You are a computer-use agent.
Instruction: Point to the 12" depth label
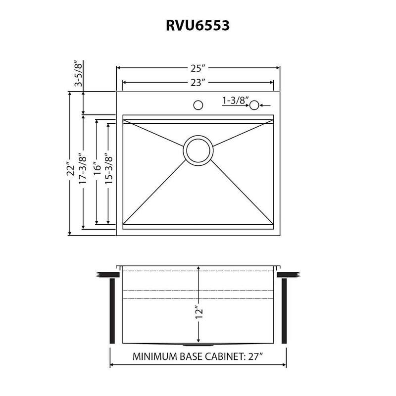point(198,312)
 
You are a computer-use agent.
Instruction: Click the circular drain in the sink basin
point(199,150)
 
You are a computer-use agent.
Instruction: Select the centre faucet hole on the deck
point(198,105)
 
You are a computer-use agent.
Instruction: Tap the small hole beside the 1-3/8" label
point(254,105)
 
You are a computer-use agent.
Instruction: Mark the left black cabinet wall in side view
point(112,310)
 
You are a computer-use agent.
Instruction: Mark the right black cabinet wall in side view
point(284,310)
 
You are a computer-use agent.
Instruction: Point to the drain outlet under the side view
point(198,345)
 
